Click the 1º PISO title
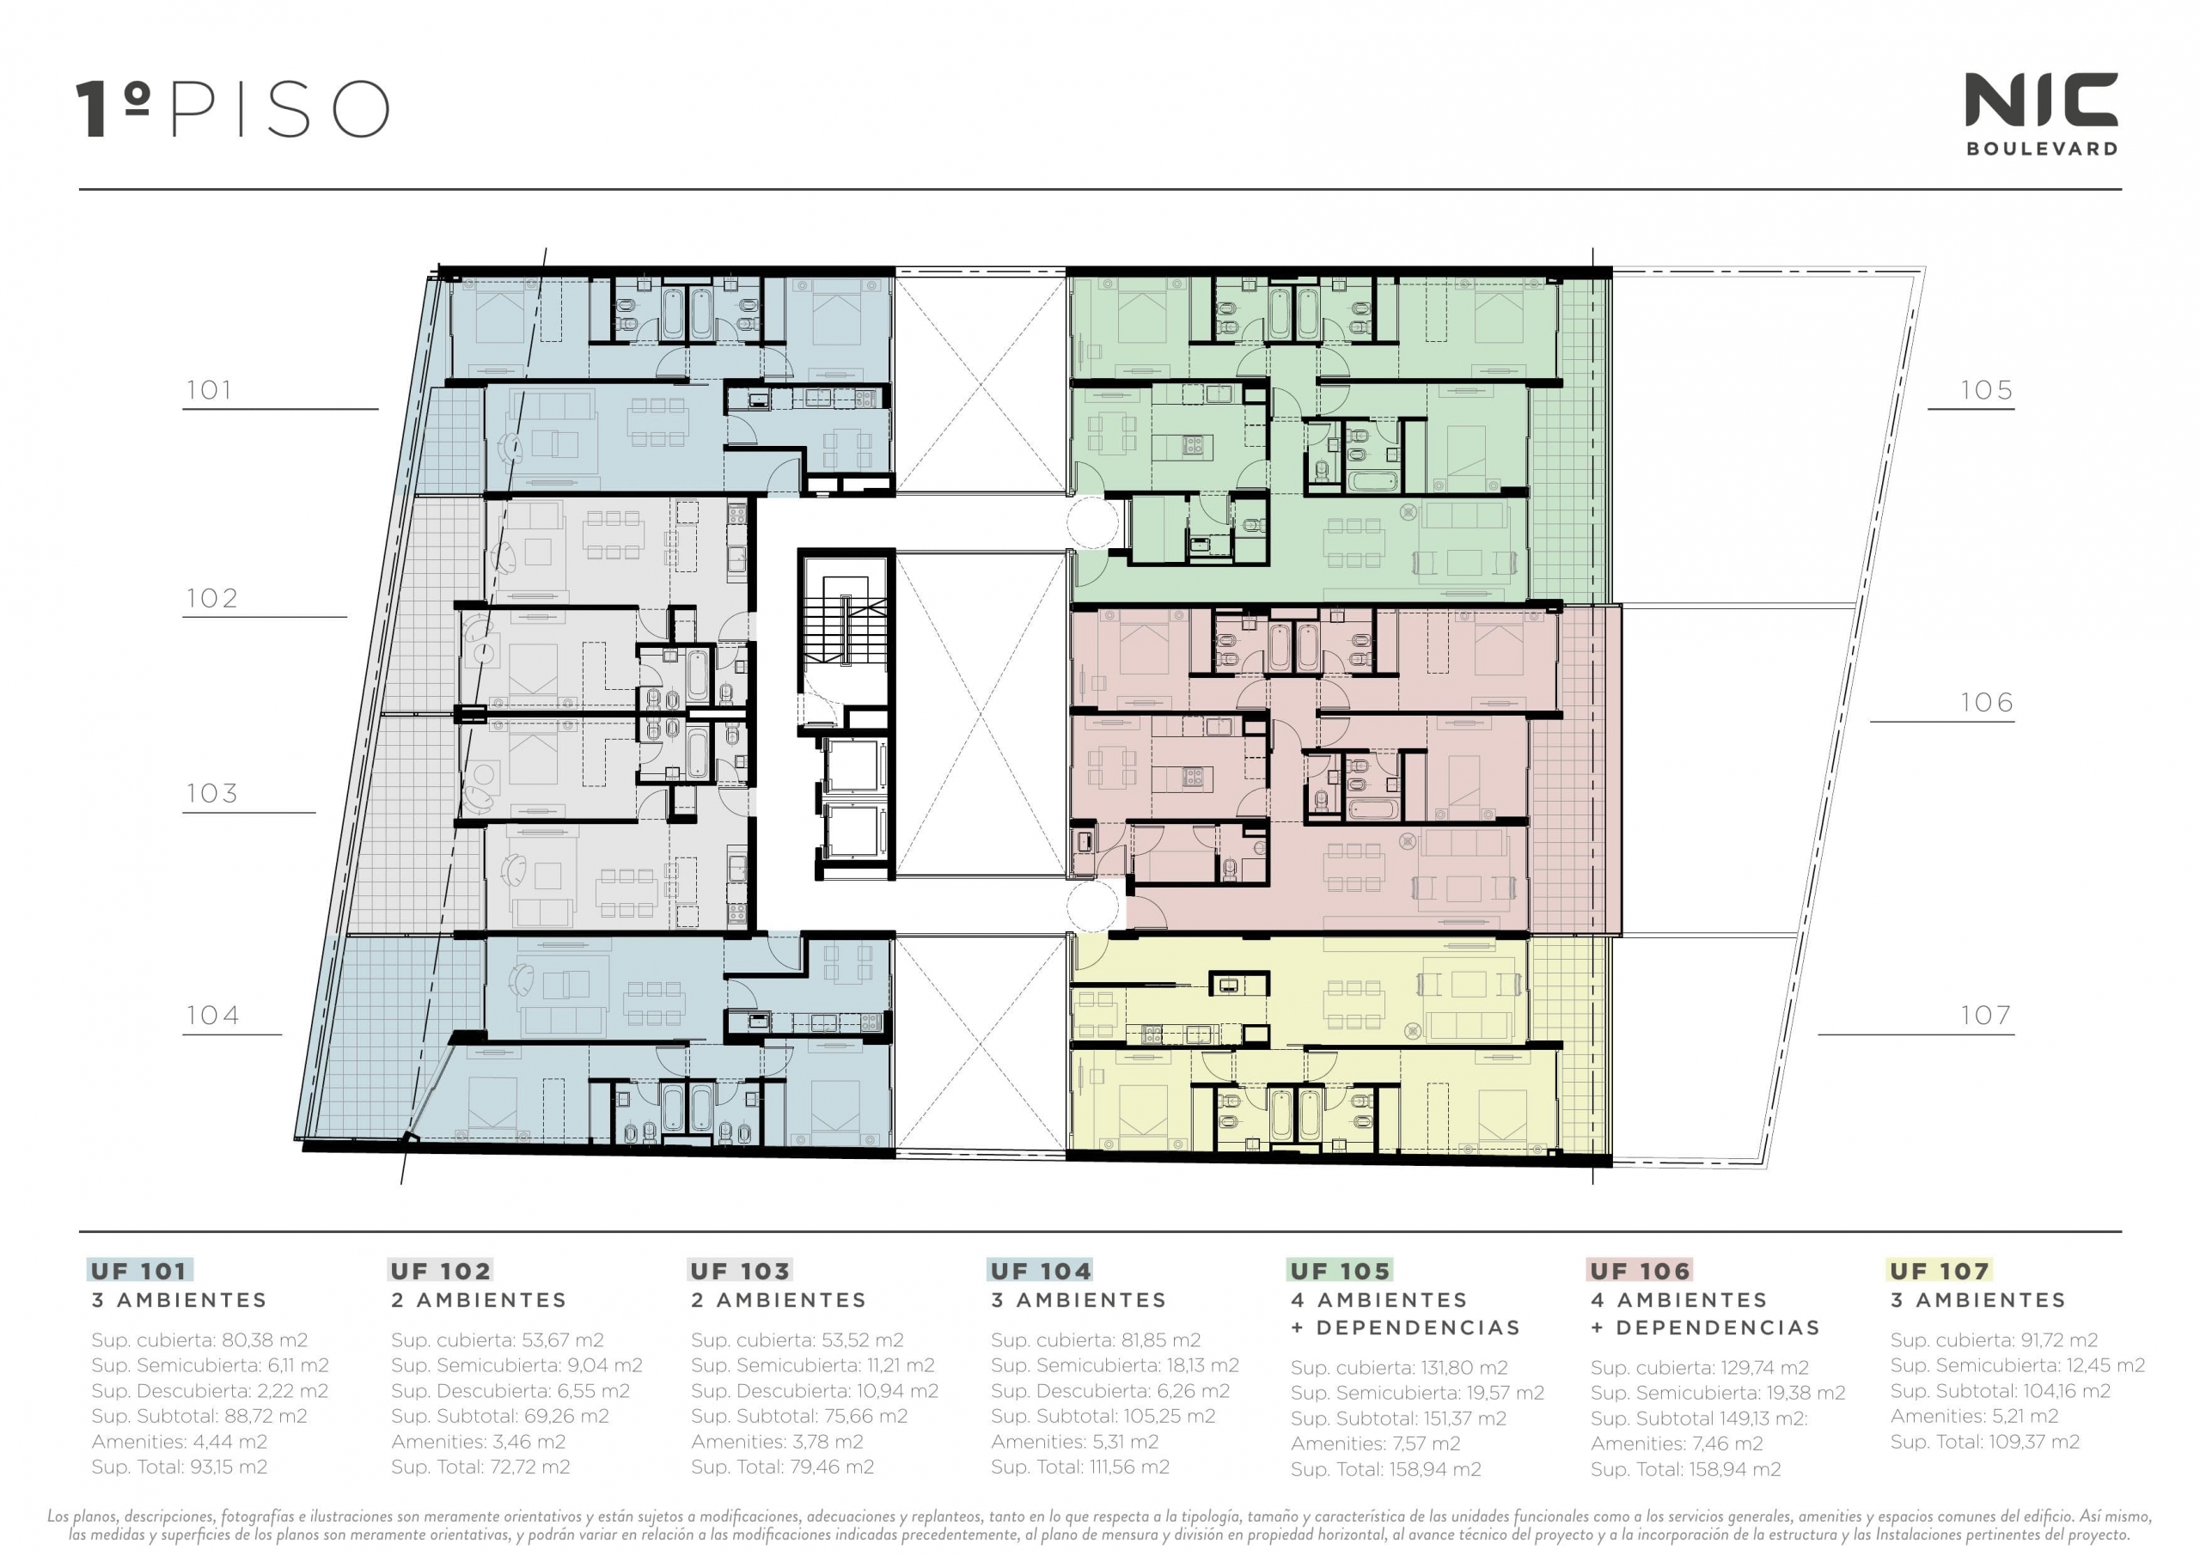tap(233, 109)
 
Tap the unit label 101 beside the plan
tap(210, 391)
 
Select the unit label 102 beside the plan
tap(211, 599)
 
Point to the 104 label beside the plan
tap(213, 1016)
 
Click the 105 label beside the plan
tap(1986, 391)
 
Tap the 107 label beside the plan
tap(1985, 1016)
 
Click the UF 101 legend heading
tap(140, 1272)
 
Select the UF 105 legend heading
tap(1340, 1272)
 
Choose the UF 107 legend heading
tap(1940, 1272)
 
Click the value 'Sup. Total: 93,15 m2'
tap(180, 1467)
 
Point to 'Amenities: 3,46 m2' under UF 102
tap(478, 1442)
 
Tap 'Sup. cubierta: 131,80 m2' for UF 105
tap(1399, 1368)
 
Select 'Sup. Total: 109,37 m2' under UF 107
tap(1985, 1442)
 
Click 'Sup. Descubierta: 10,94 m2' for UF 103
tap(815, 1391)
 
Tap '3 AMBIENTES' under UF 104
tap(1079, 1300)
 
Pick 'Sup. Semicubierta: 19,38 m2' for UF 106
tap(1718, 1393)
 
